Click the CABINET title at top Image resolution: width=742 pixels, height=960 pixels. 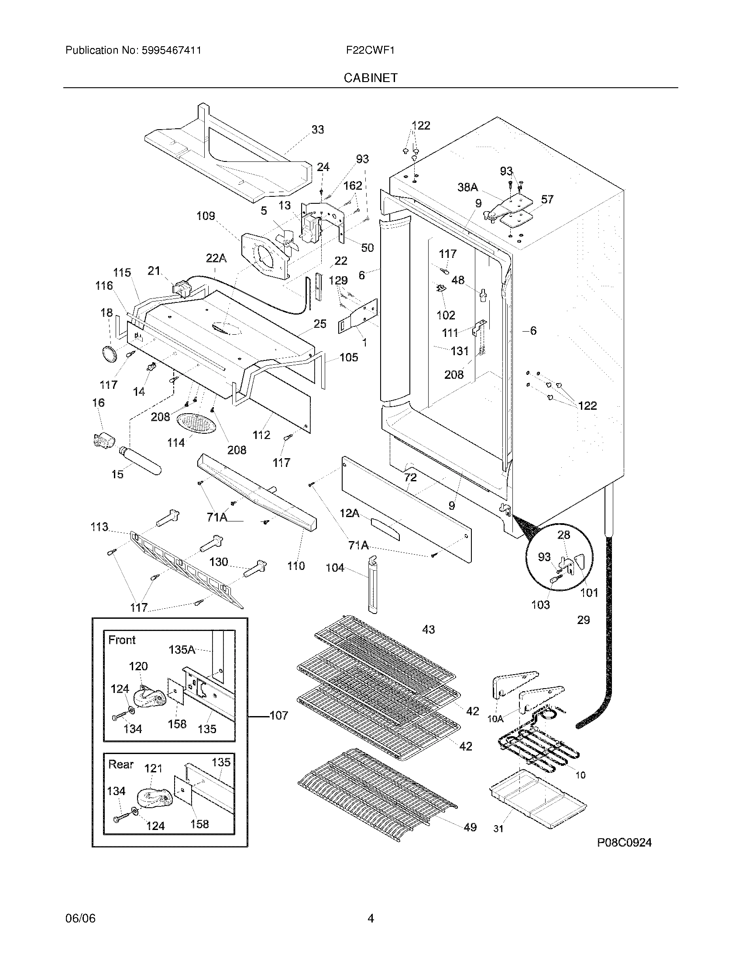371,78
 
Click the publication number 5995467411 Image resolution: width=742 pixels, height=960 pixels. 172,50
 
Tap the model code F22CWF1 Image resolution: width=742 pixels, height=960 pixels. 370,50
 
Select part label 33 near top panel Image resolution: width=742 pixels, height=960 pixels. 317,129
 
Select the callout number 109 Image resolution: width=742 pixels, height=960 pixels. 206,216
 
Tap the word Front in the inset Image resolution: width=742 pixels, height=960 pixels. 122,640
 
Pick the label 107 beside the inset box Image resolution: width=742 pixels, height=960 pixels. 278,716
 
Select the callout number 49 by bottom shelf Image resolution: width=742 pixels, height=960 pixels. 470,827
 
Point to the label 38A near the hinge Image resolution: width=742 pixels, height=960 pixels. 467,187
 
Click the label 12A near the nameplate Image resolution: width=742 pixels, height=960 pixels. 350,513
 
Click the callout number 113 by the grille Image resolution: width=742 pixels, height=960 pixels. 100,527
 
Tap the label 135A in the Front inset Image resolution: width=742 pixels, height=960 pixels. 182,649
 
